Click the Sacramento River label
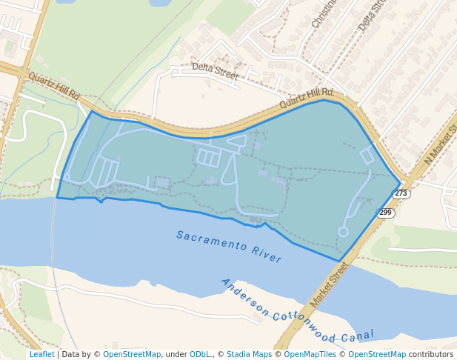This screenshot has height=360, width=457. (229, 247)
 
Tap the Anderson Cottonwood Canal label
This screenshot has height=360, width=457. (297, 311)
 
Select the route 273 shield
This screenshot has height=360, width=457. (401, 193)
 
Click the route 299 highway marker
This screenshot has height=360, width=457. (385, 213)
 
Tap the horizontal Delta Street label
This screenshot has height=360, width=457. (215, 71)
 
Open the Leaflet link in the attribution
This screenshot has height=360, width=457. (41, 354)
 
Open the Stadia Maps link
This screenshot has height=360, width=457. (249, 354)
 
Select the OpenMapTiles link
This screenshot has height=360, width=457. (310, 354)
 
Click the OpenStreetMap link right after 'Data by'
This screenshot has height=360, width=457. (132, 354)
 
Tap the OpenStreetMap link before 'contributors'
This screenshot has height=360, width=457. (377, 354)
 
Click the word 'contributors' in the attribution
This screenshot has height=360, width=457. (431, 354)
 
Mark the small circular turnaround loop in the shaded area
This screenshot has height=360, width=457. (343, 232)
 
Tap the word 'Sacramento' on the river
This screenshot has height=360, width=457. (211, 242)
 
